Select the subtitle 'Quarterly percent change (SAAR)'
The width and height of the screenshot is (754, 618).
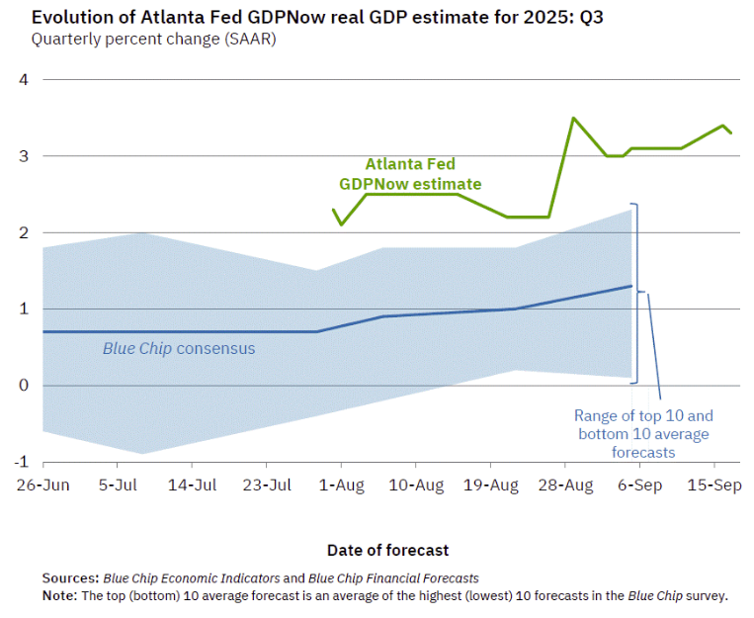[x=153, y=40]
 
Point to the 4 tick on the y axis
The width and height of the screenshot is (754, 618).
[x=25, y=79]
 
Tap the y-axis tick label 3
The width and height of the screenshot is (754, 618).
[x=25, y=156]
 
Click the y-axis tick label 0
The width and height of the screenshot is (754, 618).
[x=25, y=386]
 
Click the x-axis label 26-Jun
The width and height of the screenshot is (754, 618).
[x=42, y=486]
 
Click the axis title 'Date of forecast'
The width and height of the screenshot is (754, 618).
[x=387, y=550]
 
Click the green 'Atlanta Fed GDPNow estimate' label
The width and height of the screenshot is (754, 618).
[x=410, y=174]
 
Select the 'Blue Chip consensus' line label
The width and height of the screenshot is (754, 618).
[x=179, y=348]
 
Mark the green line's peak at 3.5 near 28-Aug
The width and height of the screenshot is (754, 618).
[x=573, y=118]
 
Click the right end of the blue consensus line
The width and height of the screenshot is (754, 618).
[x=631, y=286]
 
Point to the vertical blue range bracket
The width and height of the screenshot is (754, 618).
[x=637, y=292]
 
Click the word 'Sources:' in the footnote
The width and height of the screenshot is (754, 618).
[x=69, y=577]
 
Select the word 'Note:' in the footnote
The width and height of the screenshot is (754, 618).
[x=60, y=595]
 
